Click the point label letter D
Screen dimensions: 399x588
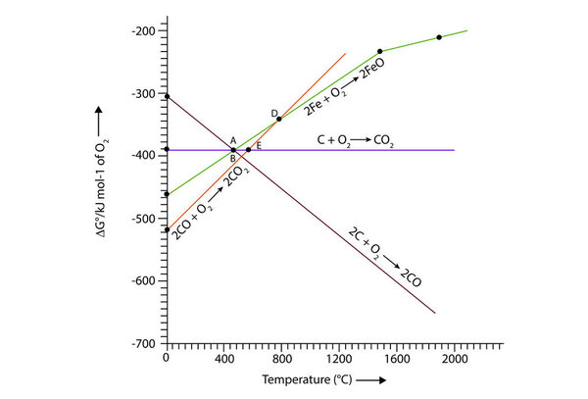point(273,113)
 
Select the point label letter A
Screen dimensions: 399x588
point(233,140)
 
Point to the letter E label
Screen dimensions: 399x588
point(259,145)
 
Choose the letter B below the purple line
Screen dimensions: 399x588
point(233,158)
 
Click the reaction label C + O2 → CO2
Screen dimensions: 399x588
point(355,141)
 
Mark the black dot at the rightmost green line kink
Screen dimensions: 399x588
point(438,37)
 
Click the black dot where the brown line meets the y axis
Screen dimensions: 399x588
point(167,96)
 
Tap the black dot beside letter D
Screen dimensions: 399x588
point(279,119)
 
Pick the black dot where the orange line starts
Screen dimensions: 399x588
point(167,229)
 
